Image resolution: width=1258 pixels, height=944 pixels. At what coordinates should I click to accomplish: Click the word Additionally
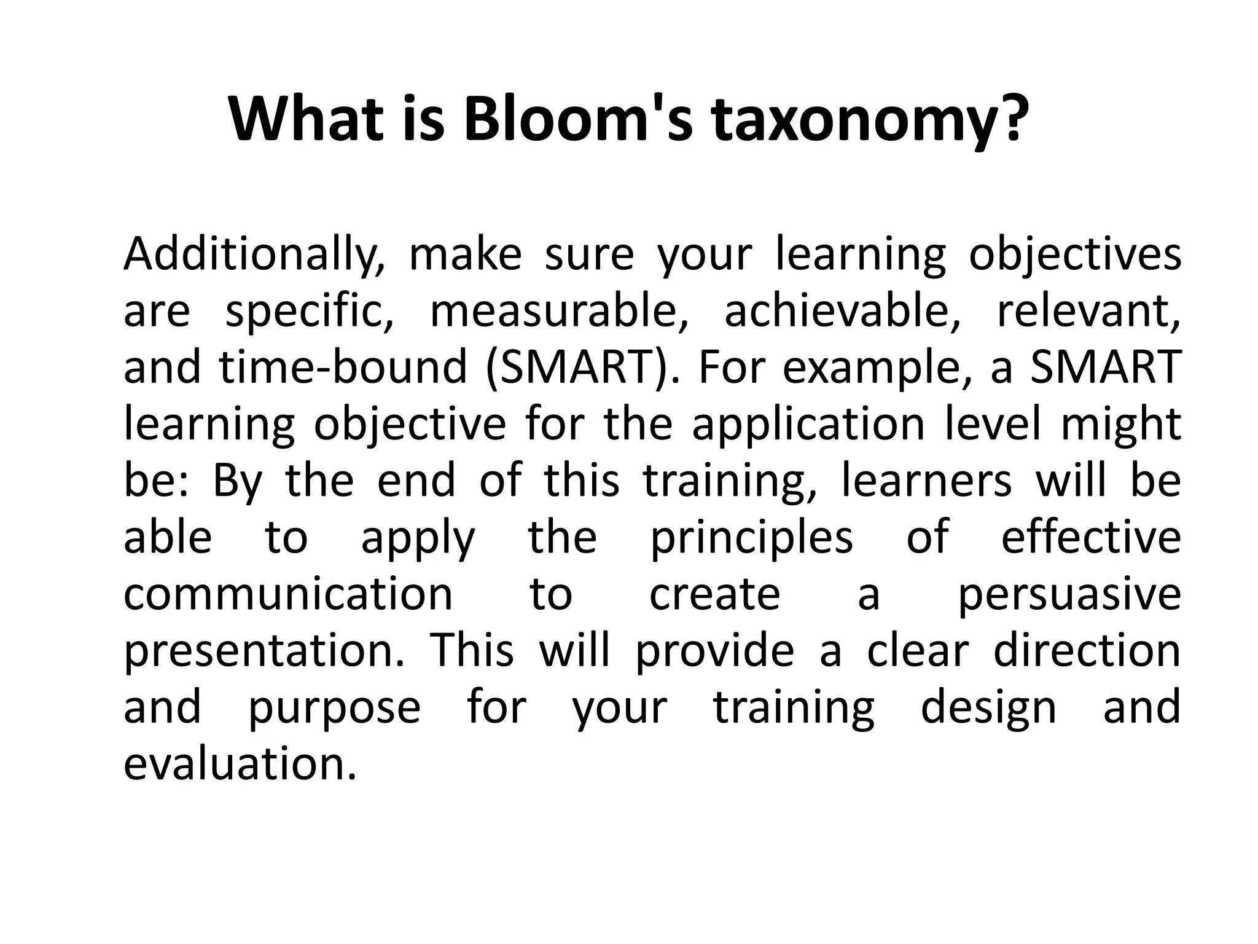click(x=254, y=255)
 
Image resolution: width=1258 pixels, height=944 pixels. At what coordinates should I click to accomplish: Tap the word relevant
click(x=1088, y=312)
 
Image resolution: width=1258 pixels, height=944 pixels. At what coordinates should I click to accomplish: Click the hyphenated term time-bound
click(x=343, y=368)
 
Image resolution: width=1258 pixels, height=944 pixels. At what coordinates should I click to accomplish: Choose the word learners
click(x=926, y=481)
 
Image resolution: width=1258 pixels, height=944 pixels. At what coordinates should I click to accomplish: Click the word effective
click(x=1091, y=537)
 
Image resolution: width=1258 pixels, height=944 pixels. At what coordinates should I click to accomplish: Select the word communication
click(x=288, y=594)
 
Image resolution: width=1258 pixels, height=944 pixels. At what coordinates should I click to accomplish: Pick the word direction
click(x=1087, y=651)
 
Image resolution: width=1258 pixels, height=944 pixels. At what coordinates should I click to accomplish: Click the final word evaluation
click(x=240, y=765)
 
